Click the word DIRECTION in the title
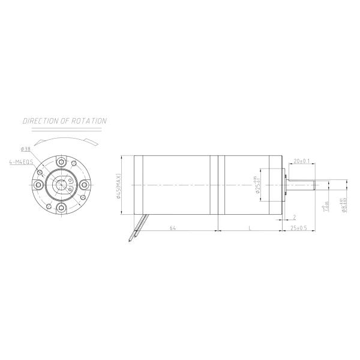tap(41, 121)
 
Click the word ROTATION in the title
tap(89, 121)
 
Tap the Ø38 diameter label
tap(26, 149)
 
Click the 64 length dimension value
tap(173, 228)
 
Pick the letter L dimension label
tap(249, 228)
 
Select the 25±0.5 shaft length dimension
tap(298, 228)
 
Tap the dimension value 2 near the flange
tap(295, 217)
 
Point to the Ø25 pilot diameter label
tap(256, 185)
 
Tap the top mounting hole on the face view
tap(61, 162)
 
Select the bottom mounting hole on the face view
tap(61, 208)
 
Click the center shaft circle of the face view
tap(61, 185)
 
